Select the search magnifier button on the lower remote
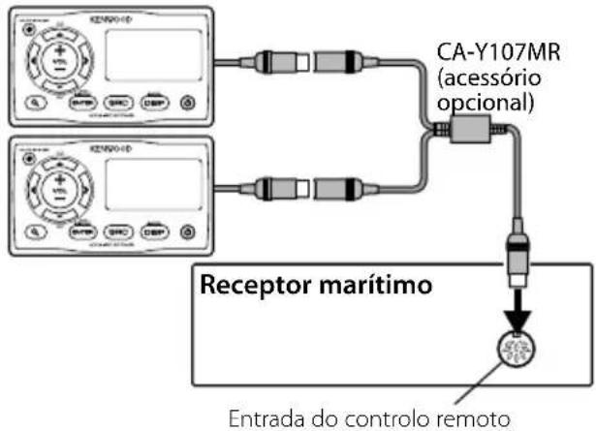coord(35,232)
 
